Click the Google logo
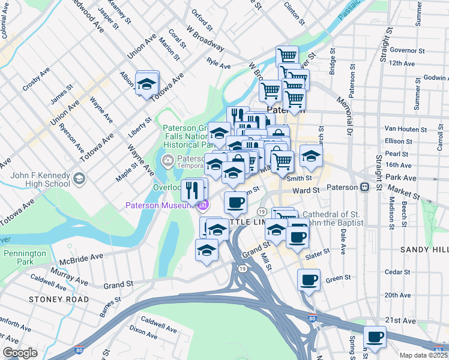20,353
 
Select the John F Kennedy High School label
40,179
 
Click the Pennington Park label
24,257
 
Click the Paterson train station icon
364,187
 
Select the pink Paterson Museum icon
202,206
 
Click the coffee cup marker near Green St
309,280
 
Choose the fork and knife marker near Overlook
192,190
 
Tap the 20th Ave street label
397,295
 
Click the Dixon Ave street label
143,329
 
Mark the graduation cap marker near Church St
310,156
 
